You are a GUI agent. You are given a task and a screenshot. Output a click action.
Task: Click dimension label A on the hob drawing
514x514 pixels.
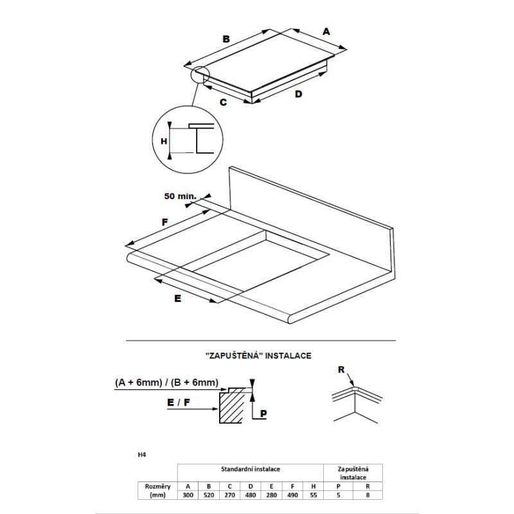coord(326,31)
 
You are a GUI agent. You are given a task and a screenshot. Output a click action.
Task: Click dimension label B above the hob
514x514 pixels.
coord(226,39)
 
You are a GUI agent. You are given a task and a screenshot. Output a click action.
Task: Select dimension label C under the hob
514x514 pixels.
coord(223,102)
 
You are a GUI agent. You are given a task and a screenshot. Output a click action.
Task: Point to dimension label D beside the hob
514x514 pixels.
coord(298,94)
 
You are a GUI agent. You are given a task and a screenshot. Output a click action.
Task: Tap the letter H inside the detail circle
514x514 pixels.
coord(164,141)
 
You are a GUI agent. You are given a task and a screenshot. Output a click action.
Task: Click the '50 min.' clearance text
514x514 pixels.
coord(181,196)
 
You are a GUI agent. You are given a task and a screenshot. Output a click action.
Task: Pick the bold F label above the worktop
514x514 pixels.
coord(165,222)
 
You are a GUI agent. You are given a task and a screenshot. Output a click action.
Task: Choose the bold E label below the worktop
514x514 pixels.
coord(178,299)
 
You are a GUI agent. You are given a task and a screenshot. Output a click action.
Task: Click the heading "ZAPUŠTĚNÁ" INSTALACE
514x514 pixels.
coord(258,356)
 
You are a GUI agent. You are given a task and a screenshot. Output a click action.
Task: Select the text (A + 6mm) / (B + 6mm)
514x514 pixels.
coord(166,382)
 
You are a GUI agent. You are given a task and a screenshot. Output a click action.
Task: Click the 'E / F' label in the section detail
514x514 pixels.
coord(179,402)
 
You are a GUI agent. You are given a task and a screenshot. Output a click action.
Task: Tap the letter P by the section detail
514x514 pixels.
coord(263,413)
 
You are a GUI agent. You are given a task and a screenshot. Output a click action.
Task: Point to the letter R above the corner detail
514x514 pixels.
coord(341,370)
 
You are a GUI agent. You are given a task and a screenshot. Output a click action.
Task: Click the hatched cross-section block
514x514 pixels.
coord(232,407)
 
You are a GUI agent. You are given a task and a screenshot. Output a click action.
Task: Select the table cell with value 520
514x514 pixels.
coord(209,495)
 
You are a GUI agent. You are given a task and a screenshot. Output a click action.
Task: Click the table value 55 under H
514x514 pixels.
coord(314,495)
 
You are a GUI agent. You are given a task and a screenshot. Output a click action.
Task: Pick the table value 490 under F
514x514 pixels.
coord(292,495)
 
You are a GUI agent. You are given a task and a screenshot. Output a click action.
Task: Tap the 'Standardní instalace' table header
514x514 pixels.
coord(251,469)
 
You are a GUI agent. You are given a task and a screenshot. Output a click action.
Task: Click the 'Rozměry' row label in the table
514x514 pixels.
coord(157,486)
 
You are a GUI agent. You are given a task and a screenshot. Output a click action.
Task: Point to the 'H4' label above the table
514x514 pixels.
coord(141,455)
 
